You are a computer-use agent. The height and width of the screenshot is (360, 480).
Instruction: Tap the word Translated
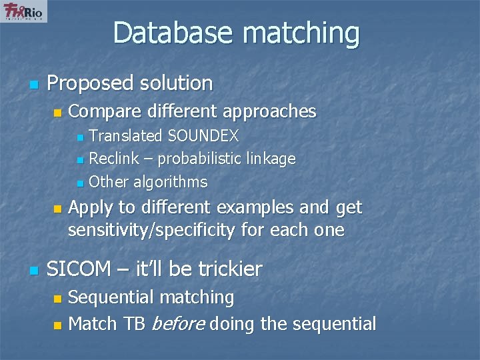coord(126,137)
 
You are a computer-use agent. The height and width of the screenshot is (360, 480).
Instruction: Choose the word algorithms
coord(171,182)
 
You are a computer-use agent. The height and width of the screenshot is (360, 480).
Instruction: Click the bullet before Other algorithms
coord(80,183)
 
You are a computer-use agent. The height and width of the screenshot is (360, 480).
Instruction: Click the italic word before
coord(178,325)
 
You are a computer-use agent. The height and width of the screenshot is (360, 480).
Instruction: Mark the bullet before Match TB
coord(58,325)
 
